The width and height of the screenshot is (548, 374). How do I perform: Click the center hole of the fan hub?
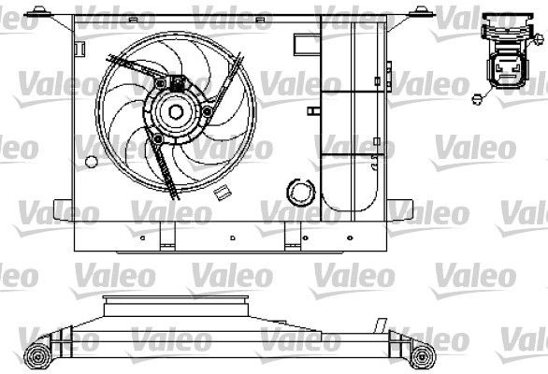point(175,111)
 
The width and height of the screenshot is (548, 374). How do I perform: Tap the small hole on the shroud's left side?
point(89,161)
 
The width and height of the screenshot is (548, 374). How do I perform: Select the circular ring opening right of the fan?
point(300,192)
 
